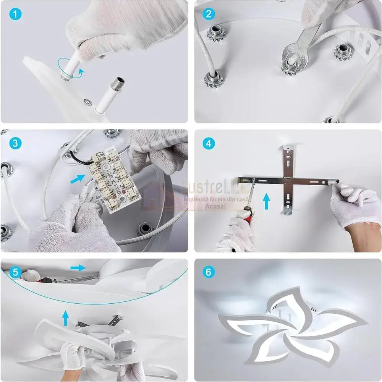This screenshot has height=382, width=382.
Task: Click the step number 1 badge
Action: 15,15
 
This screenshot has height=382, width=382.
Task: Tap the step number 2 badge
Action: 208,15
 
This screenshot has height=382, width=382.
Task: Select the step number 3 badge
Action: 15,144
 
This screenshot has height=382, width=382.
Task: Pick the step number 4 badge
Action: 208,144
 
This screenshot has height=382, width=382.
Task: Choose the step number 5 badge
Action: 15,272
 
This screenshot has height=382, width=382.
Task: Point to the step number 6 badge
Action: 208,272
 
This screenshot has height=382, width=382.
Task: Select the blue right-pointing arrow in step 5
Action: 78,267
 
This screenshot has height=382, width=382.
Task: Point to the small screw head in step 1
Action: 88,101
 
